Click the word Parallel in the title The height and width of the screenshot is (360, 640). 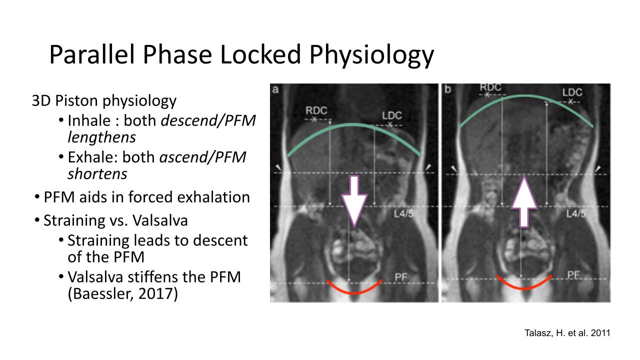click(x=91, y=54)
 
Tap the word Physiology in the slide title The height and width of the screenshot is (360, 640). click(x=371, y=55)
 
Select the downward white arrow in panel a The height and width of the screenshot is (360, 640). click(x=354, y=201)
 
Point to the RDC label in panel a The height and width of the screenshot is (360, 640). click(x=316, y=110)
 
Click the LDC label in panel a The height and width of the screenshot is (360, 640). click(x=392, y=115)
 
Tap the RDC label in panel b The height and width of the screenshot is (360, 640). click(x=490, y=87)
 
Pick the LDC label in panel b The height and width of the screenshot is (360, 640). click(x=572, y=92)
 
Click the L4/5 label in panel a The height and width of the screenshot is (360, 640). click(x=403, y=213)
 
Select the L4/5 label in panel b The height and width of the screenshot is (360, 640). click(x=576, y=213)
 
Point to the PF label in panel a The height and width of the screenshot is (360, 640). click(x=401, y=277)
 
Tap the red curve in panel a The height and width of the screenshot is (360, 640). click(x=354, y=292)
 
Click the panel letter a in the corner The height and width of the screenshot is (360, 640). click(x=275, y=89)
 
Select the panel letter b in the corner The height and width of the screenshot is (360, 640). click(x=447, y=89)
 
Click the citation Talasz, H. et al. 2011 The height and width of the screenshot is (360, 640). click(x=567, y=333)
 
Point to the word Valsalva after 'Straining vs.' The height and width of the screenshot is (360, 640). click(x=160, y=220)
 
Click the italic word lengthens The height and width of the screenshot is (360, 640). click(x=101, y=137)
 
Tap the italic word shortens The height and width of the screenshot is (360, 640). click(x=97, y=173)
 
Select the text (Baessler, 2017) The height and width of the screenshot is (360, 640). click(x=122, y=293)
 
